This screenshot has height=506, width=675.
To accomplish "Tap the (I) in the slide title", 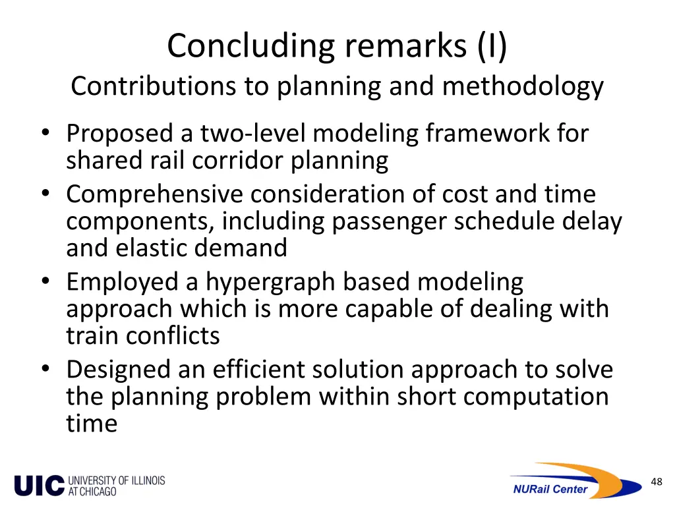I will click(x=488, y=47).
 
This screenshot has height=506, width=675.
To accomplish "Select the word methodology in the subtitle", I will click(x=523, y=86).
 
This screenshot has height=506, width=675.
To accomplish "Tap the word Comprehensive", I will click(x=153, y=194).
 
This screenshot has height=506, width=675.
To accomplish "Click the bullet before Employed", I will click(x=45, y=283).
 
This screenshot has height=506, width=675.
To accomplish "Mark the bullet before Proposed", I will click(x=45, y=134).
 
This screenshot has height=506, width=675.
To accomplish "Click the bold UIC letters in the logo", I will click(x=39, y=486).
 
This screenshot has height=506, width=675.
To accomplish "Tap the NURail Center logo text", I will click(x=550, y=489).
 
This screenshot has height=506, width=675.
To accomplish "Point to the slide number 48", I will click(x=656, y=482).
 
